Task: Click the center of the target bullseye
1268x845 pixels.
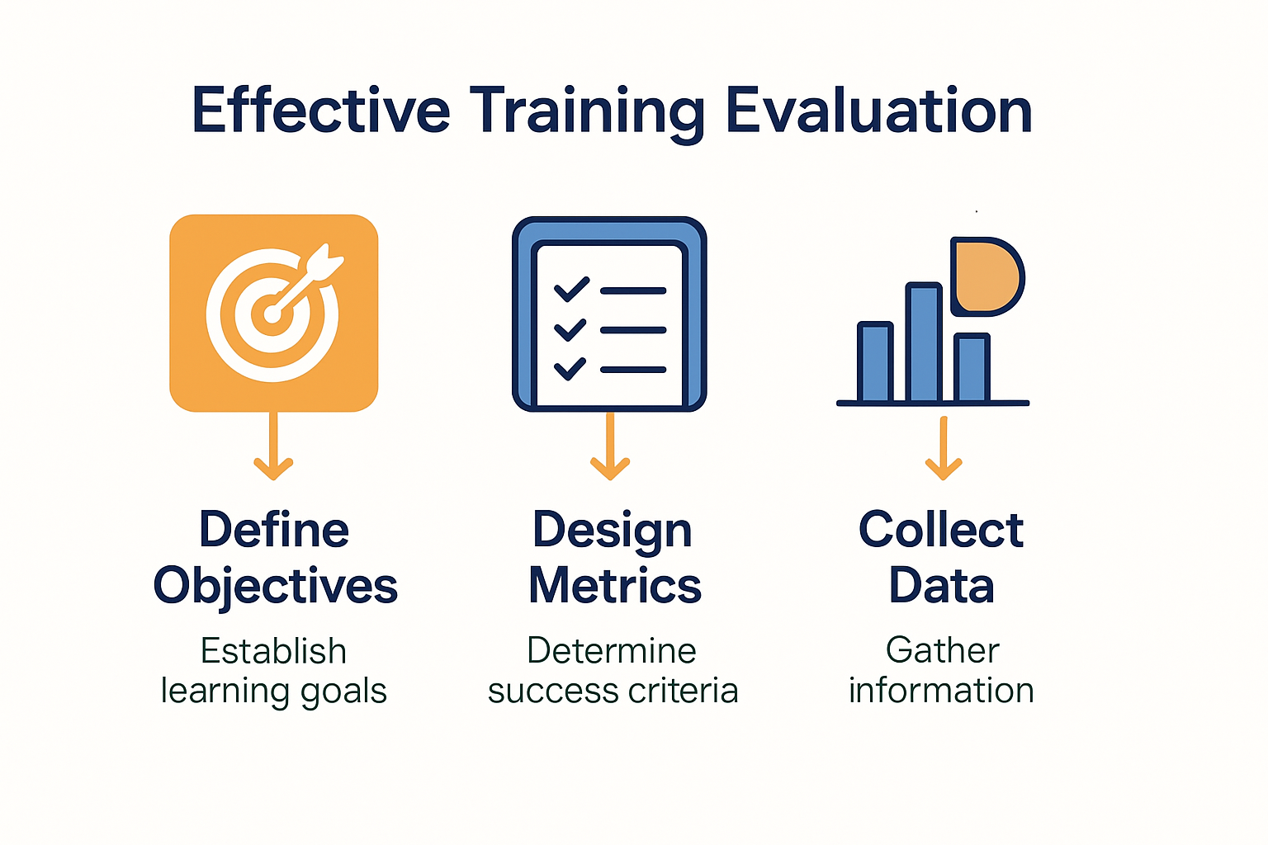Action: coord(272,314)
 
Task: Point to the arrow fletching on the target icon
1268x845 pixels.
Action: coord(325,262)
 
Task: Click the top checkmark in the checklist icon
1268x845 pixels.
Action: coord(572,289)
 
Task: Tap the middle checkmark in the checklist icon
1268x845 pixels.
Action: coord(570,329)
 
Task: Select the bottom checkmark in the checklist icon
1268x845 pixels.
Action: coord(570,368)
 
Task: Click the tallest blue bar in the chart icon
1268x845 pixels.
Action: coord(923,342)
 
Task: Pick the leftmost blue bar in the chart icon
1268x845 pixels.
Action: coord(875,361)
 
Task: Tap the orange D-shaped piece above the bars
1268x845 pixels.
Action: coord(986,276)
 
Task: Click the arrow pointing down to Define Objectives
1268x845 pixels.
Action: coord(273,446)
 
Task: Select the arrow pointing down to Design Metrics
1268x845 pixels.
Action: coord(610,446)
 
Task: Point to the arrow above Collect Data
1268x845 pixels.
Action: coord(943,448)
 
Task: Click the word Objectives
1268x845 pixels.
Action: coord(275,586)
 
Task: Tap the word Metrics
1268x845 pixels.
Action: coord(615,585)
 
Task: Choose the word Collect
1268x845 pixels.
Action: coord(941,529)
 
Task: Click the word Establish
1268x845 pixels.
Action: coord(273,650)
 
